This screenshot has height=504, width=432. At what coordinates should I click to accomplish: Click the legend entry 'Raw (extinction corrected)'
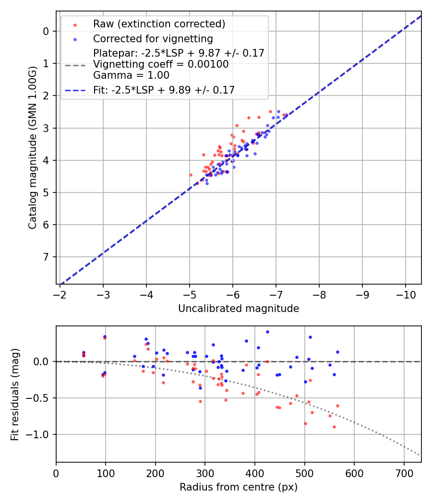tap(159, 24)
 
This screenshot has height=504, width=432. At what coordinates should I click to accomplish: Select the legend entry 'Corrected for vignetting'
tap(153, 38)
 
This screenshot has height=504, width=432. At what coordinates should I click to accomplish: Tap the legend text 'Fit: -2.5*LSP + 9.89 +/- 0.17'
tap(164, 90)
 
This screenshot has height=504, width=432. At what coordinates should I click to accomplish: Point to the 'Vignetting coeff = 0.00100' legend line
tap(161, 64)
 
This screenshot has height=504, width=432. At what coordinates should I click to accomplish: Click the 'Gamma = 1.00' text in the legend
tap(131, 75)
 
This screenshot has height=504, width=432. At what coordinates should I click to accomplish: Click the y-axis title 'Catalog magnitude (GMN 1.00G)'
tap(32, 147)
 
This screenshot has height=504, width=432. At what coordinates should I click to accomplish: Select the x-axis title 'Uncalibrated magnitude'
tap(239, 309)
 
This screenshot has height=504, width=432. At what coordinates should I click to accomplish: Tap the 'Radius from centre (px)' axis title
tap(239, 487)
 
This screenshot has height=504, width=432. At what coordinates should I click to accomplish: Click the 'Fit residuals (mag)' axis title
tap(15, 394)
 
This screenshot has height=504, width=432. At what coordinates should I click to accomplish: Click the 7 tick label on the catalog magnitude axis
tap(46, 257)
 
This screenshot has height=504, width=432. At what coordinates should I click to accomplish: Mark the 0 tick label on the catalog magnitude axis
tap(46, 32)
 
